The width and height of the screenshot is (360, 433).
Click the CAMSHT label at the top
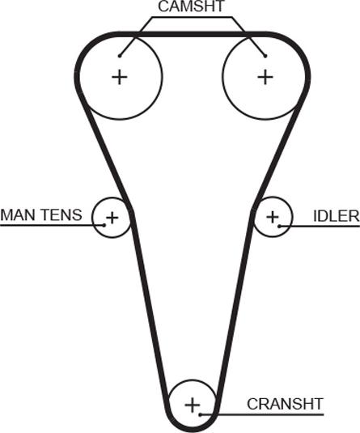click(x=191, y=6)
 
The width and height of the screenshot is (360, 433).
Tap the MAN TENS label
click(x=41, y=214)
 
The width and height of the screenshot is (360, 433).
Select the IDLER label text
click(x=337, y=216)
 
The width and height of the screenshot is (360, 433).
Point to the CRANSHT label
click(x=285, y=404)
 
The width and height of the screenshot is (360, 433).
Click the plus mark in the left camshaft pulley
click(x=120, y=77)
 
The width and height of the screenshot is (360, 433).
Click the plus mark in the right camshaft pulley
click(x=265, y=77)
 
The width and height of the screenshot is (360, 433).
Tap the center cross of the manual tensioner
click(x=112, y=218)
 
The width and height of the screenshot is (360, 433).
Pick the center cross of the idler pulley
click(x=273, y=217)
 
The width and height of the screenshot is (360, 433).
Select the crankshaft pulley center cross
click(x=193, y=405)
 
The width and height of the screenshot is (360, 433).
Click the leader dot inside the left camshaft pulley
click(x=120, y=56)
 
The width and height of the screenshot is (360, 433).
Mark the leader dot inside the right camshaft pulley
click(x=265, y=56)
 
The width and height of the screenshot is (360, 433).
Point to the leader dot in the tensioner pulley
click(x=104, y=225)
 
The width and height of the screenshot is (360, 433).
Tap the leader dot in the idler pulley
click(x=279, y=226)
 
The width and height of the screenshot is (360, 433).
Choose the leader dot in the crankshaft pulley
click(x=201, y=414)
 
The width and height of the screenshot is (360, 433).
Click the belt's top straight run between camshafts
click(x=193, y=35)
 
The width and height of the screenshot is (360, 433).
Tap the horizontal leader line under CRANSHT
click(x=262, y=414)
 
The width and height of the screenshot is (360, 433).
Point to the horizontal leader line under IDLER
click(x=320, y=226)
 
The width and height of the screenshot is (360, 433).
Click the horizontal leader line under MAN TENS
click(x=52, y=225)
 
